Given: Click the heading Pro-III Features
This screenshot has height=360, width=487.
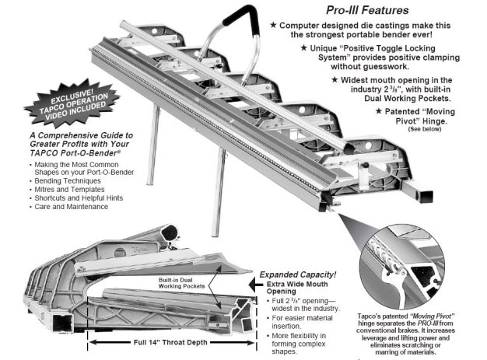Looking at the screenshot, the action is [x=367, y=10].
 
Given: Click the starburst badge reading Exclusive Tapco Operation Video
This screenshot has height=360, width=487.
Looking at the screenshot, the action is [x=72, y=103].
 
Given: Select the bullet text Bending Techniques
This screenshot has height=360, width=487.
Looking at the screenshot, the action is [x=68, y=181].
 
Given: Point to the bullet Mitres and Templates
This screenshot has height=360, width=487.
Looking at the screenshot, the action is [x=69, y=189].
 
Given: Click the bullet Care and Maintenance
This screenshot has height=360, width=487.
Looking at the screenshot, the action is [x=71, y=207].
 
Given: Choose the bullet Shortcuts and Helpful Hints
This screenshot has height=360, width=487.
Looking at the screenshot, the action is [x=79, y=198].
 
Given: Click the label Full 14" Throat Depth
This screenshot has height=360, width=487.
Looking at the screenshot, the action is [x=170, y=342].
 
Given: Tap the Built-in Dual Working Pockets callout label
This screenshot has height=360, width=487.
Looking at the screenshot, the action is [x=181, y=283].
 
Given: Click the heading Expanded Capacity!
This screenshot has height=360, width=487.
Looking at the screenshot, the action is [x=298, y=274].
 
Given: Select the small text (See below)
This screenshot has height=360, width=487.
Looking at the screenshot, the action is [x=425, y=129].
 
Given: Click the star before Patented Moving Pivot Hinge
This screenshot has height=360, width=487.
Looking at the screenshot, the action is [x=378, y=110].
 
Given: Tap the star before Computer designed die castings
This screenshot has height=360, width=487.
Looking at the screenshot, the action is [x=273, y=25].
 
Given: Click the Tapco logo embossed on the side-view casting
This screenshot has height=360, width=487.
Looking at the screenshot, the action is [x=140, y=250].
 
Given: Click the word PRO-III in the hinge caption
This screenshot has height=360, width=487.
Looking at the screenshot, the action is [x=427, y=323].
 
